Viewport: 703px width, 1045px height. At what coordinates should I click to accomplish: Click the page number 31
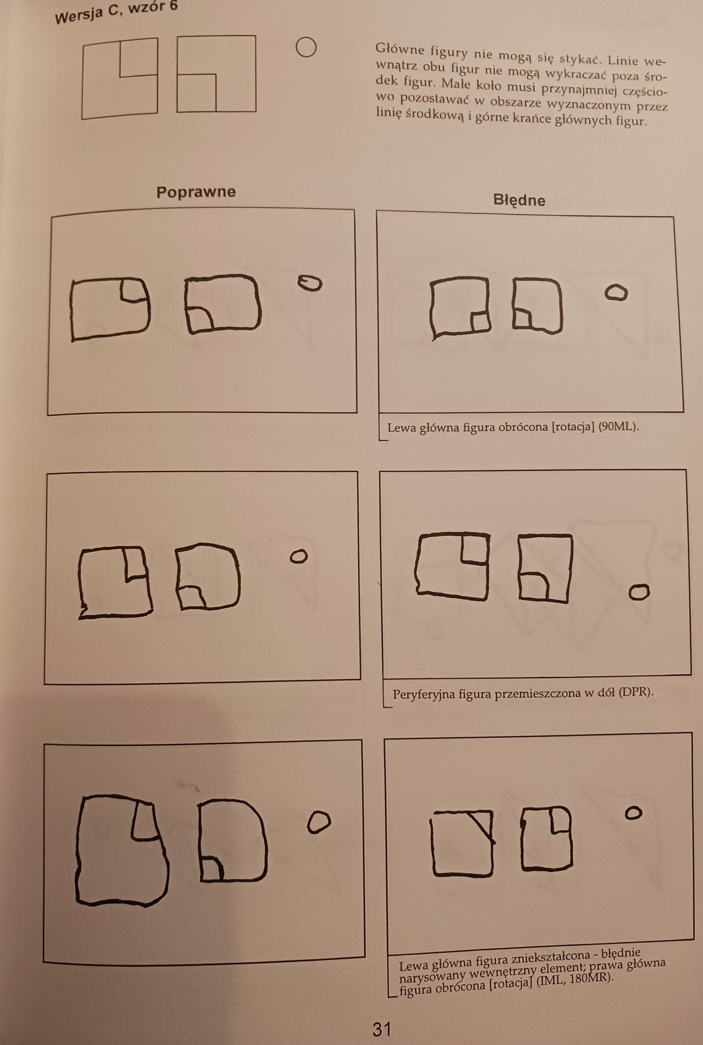click(382, 1029)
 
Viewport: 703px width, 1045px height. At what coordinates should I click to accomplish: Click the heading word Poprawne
click(196, 192)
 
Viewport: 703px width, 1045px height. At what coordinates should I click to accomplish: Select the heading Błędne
click(519, 200)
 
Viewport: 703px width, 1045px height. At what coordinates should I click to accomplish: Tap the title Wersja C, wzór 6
click(116, 12)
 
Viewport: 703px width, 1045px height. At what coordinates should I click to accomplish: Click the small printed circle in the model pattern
click(306, 47)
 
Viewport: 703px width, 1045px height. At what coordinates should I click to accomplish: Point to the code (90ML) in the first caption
click(618, 427)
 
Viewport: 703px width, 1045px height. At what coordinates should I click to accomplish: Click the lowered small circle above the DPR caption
click(639, 592)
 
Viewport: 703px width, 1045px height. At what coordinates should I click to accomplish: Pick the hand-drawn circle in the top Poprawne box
click(310, 283)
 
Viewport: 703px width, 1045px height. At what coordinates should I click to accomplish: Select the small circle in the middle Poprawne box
click(299, 556)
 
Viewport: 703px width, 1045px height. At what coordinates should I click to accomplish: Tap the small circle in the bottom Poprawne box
click(319, 822)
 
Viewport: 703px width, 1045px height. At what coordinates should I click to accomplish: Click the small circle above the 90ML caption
click(616, 292)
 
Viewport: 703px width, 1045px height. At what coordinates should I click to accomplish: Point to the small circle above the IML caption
click(633, 813)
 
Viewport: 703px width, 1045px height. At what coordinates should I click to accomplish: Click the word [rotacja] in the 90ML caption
click(573, 427)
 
